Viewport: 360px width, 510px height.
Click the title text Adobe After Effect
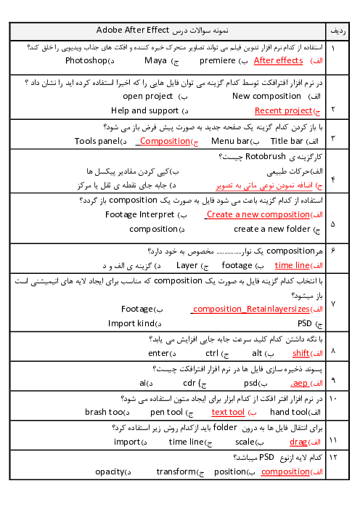click(x=133, y=30)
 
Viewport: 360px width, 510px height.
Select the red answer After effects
click(x=278, y=60)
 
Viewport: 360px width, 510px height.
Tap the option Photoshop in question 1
click(x=86, y=61)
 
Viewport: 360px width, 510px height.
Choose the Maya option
click(x=155, y=61)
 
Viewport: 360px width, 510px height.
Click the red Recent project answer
click(x=283, y=111)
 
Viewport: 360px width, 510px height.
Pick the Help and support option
click(x=145, y=111)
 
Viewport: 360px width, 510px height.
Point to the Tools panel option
click(x=97, y=141)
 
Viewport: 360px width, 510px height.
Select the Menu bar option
click(x=230, y=141)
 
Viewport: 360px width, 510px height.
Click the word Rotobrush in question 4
click(x=265, y=156)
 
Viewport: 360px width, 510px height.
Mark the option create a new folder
click(x=272, y=229)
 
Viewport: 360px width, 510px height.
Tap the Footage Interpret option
click(x=139, y=214)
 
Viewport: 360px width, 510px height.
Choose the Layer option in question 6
click(x=187, y=266)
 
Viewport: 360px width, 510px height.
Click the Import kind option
click(x=131, y=323)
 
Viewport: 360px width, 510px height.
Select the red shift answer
click(x=301, y=353)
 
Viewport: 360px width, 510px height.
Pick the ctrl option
click(x=212, y=353)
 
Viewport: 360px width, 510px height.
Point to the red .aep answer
click(x=299, y=383)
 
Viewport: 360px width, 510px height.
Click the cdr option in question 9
click(x=189, y=383)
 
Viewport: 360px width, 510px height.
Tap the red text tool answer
click(x=228, y=412)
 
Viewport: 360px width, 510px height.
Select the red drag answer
click(x=298, y=442)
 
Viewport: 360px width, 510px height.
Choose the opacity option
click(x=110, y=472)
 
